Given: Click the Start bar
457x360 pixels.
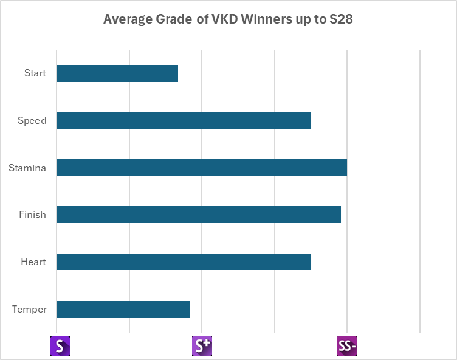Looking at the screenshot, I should click(117, 73).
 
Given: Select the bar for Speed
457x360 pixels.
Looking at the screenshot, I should click(184, 120).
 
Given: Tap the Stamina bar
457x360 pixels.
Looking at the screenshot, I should click(202, 168).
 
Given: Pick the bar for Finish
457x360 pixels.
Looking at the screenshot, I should click(199, 215).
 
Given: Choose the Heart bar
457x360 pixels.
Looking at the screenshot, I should click(184, 262).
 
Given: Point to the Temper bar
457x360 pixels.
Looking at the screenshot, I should click(123, 309).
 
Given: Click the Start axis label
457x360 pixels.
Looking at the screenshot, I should click(35, 73).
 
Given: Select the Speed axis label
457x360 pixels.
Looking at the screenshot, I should click(32, 120).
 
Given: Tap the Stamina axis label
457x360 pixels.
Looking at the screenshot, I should click(27, 168).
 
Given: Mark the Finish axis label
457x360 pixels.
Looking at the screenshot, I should click(33, 215).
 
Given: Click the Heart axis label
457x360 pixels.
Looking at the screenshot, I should click(33, 262).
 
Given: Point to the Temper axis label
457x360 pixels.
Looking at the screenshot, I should click(29, 309).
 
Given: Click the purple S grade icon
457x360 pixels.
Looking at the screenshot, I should click(60, 346).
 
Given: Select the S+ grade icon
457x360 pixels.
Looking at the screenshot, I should click(202, 346).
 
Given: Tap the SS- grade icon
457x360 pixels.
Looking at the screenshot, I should click(346, 346).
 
